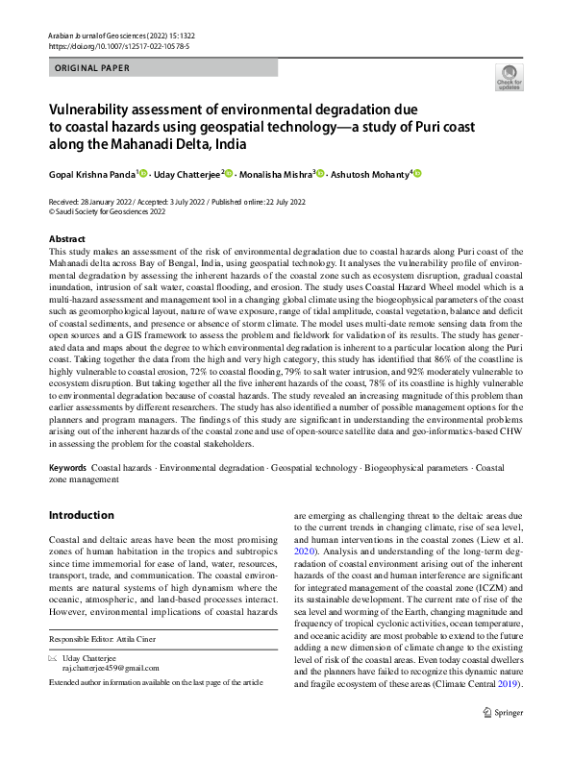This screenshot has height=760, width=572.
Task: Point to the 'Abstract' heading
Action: click(67, 238)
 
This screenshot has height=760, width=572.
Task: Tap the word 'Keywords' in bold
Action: click(67, 467)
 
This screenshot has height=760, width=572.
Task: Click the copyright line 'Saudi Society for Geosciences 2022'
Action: click(102, 211)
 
